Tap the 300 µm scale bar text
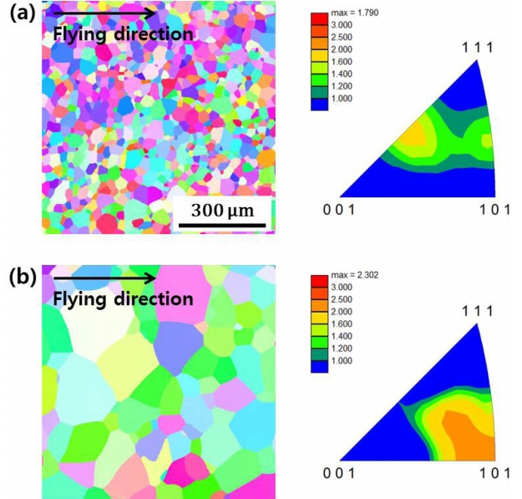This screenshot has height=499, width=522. (x=222, y=210)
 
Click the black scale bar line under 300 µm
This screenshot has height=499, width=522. (x=221, y=225)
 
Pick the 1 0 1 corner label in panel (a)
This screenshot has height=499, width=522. (x=493, y=211)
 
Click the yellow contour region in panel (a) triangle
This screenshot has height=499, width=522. (x=417, y=134)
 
